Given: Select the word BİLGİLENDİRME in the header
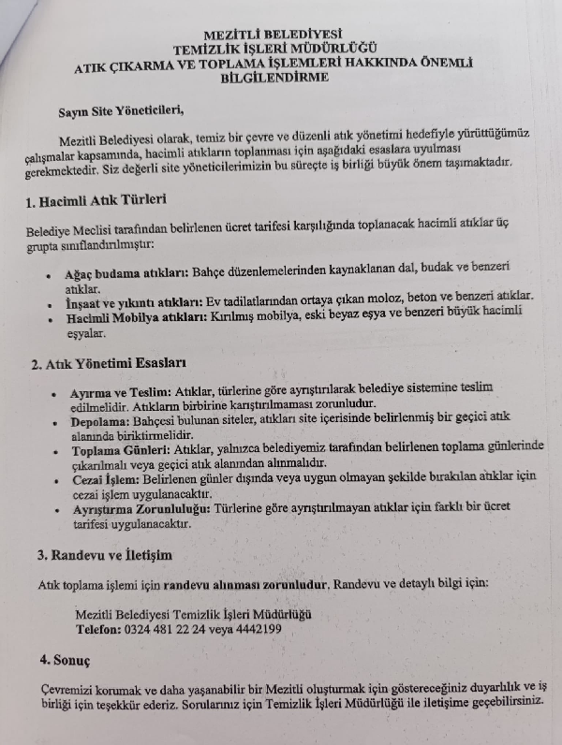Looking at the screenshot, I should [x=274, y=78].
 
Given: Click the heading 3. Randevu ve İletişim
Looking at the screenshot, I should [x=105, y=554].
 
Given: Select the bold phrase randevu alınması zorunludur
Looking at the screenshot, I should [x=245, y=584].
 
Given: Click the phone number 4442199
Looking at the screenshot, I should [x=259, y=629].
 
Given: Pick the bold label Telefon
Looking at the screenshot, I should [x=97, y=629].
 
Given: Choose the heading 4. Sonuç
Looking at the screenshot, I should [x=64, y=659].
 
